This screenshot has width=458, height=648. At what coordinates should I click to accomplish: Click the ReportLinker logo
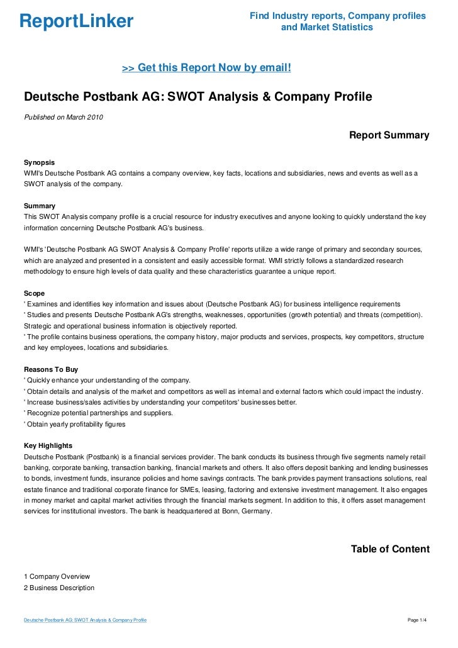coord(76,22)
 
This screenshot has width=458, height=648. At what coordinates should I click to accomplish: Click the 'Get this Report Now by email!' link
coord(206,67)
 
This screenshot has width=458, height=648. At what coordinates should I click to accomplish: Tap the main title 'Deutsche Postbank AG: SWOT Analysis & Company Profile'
coord(198,98)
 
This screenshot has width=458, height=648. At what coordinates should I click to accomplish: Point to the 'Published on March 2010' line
coord(64,117)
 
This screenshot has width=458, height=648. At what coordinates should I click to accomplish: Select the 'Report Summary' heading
coord(389,135)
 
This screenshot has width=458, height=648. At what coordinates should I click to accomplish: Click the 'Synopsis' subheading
coord(39,161)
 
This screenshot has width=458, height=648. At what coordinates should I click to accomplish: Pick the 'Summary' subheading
coord(39,206)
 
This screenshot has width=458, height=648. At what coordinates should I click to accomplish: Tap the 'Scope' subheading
coord(34,293)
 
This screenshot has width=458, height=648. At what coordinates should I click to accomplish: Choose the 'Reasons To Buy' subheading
coord(50,369)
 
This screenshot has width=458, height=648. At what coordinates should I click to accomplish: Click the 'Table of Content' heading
coord(390,549)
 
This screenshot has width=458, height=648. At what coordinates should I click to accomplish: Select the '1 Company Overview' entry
coord(57,576)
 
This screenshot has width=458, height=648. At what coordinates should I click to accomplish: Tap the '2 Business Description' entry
coord(59,588)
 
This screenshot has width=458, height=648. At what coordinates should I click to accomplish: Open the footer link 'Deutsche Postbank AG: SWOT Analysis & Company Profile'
coord(85,620)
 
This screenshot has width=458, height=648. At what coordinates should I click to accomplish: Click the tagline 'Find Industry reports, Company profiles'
coord(338,16)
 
